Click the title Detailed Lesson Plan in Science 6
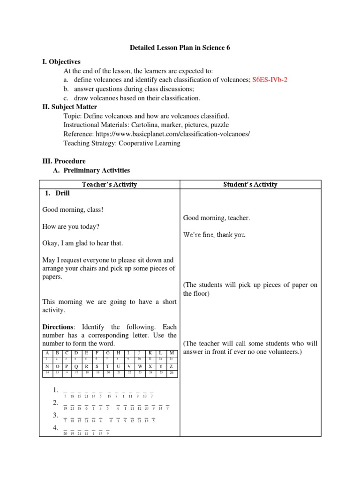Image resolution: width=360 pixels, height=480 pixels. tap(180, 48)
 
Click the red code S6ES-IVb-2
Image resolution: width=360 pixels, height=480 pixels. tap(270, 80)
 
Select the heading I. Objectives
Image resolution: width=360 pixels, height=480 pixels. tap(61, 61)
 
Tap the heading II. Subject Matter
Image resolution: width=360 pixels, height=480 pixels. tap(70, 107)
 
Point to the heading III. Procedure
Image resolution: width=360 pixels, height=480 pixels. tap(64, 161)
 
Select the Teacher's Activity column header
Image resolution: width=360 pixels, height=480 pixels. tap(109, 184)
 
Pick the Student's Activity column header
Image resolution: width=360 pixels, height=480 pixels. tap(250, 184)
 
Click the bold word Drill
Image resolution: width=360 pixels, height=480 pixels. tap(63, 193)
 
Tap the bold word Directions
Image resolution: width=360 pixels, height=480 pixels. tap(58, 326)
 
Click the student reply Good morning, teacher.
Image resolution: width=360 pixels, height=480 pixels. tap(216, 218)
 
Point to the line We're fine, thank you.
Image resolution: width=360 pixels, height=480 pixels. tap(214, 234)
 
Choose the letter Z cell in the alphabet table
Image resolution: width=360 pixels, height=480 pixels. tap(171, 366)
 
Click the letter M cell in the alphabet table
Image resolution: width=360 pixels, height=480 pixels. tap(171, 352)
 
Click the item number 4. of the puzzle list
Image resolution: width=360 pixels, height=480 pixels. tap(55, 428)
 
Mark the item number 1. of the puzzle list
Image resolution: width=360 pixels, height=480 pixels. tap(55, 390)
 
